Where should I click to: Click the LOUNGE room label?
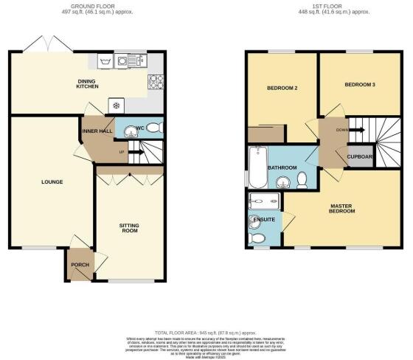click(52, 182)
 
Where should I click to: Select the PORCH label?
click(79, 265)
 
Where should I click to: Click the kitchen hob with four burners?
click(156, 81)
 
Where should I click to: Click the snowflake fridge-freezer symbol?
click(115, 105)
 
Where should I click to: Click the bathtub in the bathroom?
click(255, 167)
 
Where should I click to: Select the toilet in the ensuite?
click(257, 238)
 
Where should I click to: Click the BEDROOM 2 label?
click(282, 89)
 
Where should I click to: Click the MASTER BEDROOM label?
click(342, 210)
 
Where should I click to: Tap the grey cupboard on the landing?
click(358, 156)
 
